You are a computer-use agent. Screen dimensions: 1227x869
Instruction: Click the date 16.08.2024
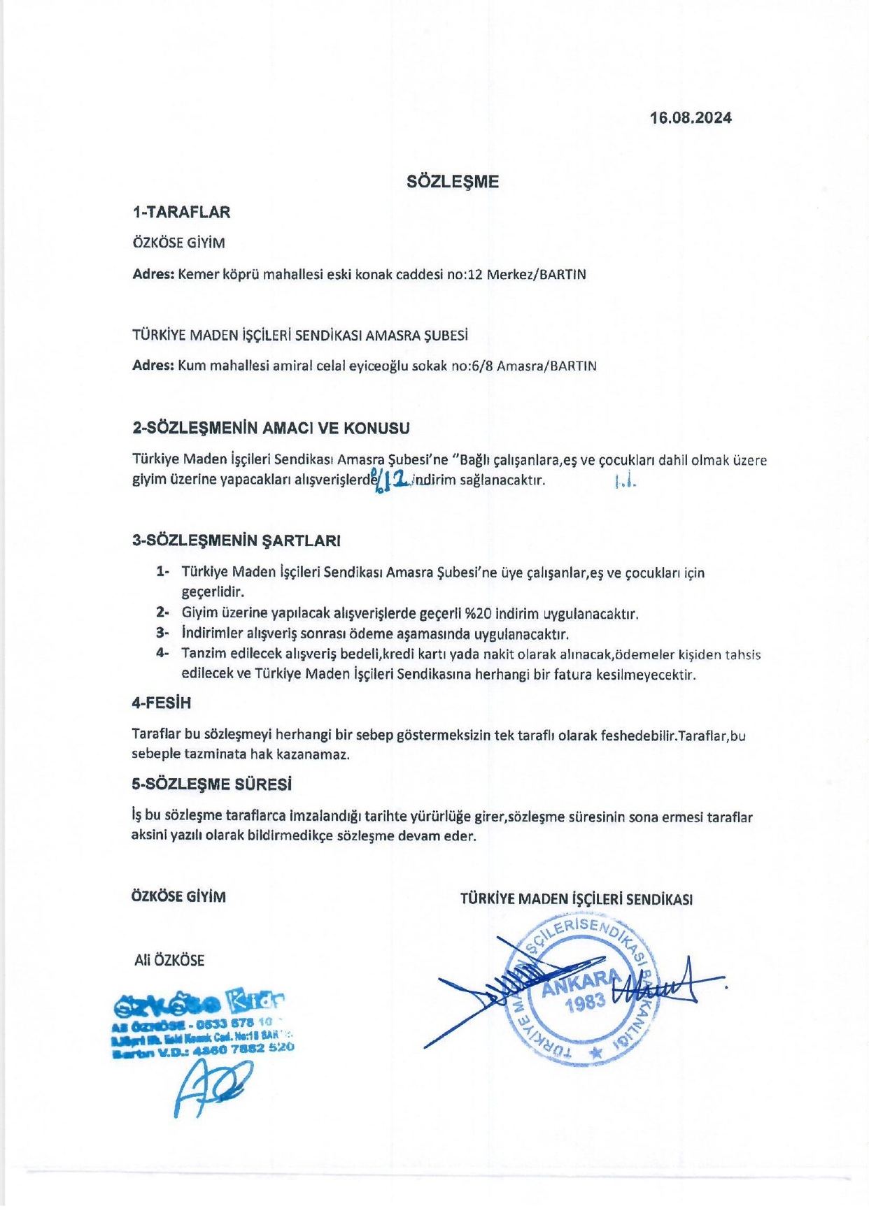tap(691, 117)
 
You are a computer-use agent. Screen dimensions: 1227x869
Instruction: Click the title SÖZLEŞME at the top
tap(453, 182)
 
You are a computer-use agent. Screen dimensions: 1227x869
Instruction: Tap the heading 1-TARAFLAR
tap(181, 213)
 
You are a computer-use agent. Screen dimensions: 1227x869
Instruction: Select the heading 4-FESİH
tap(161, 703)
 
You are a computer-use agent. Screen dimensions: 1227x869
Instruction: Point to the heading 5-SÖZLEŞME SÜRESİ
tap(211, 784)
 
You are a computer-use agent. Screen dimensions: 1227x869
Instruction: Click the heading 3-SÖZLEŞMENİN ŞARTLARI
tap(236, 540)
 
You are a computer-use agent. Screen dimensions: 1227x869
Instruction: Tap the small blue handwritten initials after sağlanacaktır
tap(625, 482)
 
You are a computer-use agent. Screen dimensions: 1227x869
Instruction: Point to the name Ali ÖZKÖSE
tap(169, 961)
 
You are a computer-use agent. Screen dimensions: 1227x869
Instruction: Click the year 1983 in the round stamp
tap(586, 1003)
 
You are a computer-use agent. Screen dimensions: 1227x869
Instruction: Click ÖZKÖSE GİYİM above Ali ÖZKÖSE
tap(178, 897)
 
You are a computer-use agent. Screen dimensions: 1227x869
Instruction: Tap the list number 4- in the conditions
tap(162, 654)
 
